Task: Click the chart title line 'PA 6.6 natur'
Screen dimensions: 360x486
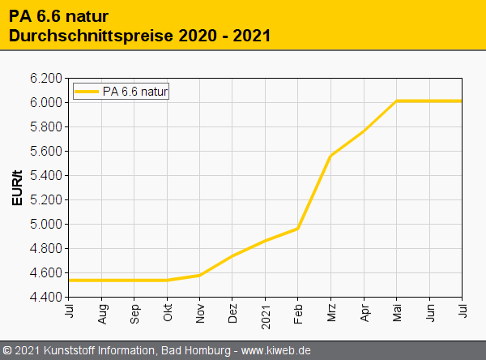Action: (59, 16)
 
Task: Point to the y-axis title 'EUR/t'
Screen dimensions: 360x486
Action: (18, 187)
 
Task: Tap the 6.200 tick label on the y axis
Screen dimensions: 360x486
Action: (46, 79)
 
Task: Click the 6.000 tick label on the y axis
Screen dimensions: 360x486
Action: (46, 103)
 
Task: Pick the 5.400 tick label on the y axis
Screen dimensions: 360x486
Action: (46, 176)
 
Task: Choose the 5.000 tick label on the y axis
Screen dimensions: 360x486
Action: (46, 225)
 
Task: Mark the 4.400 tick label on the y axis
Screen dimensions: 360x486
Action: (46, 298)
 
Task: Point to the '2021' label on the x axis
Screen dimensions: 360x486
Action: (265, 313)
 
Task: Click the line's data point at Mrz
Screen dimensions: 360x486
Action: (330, 155)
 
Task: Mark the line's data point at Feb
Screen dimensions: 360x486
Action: (298, 229)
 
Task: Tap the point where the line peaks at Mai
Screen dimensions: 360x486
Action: (396, 101)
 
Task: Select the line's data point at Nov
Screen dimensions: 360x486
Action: (199, 275)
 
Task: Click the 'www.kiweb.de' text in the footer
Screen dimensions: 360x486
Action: (276, 350)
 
